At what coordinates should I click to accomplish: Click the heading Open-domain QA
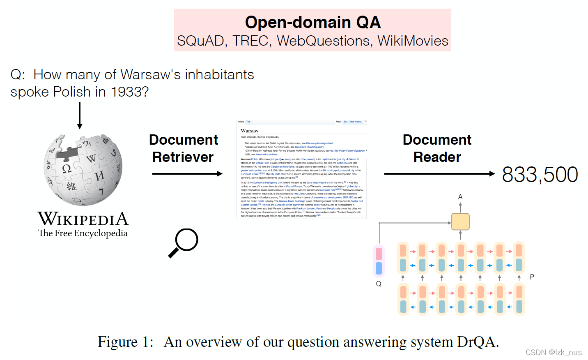point(312,22)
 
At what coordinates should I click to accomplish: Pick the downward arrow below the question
point(80,115)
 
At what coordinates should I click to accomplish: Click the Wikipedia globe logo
point(83,169)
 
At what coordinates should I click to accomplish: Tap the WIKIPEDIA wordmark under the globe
point(83,219)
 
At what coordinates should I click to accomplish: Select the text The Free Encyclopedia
point(83,233)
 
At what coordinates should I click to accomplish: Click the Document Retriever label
point(183,148)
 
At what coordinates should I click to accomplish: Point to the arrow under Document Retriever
point(187,174)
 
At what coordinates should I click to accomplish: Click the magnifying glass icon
point(184,242)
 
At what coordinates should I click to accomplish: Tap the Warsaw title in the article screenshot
point(250,131)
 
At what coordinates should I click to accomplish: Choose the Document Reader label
point(437,148)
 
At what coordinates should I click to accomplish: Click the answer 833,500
point(540,175)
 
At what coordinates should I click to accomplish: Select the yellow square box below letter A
point(460,222)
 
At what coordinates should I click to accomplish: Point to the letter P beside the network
point(532,277)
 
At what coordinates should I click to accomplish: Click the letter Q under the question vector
point(379,284)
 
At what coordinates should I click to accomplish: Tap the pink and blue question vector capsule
point(379,261)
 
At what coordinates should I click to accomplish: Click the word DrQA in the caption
point(475,342)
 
